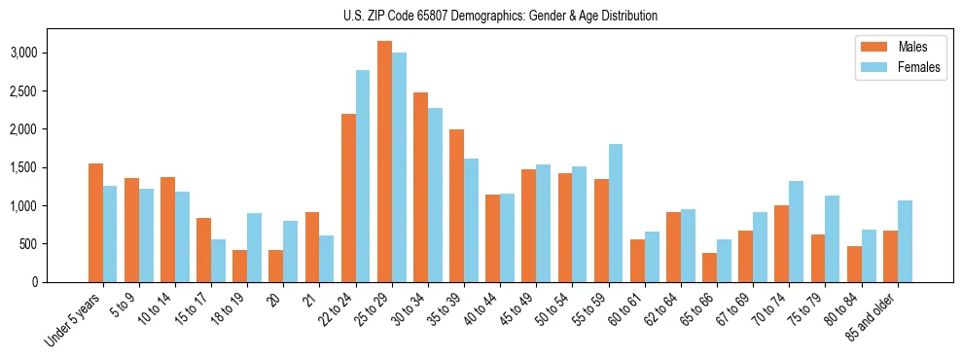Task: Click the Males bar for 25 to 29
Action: [x=384, y=162]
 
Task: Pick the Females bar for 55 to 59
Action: [x=615, y=213]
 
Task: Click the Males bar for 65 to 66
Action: [x=709, y=268]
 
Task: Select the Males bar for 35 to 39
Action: [x=456, y=205]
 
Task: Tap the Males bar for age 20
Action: [x=276, y=266]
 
